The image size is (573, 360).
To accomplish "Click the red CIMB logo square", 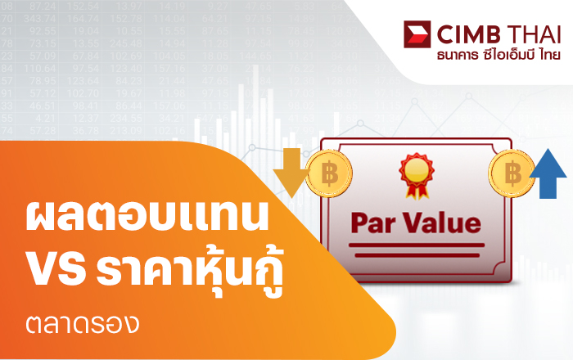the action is click(x=417, y=34).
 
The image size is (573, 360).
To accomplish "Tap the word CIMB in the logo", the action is click(x=469, y=34).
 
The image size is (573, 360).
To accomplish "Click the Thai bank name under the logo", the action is click(x=499, y=55).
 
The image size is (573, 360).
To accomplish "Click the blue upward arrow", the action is click(x=548, y=173).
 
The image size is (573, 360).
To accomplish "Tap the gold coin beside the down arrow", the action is click(x=329, y=173).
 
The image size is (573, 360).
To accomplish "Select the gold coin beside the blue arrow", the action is click(x=512, y=173).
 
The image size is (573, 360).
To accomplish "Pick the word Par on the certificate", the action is click(x=372, y=223).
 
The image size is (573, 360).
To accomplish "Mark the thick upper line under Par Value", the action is click(x=417, y=245).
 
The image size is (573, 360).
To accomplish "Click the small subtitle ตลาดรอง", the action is click(x=83, y=324).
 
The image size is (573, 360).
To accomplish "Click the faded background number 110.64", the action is click(x=40, y=68).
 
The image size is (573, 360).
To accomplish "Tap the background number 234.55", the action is click(x=126, y=118).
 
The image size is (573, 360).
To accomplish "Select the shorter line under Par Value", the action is click(x=417, y=255).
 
